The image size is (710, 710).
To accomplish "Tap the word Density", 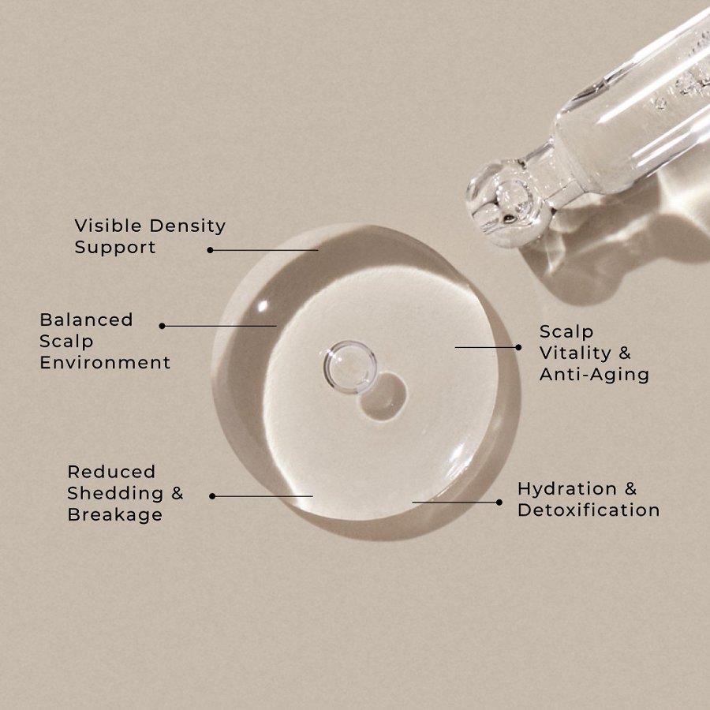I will tap(188, 226).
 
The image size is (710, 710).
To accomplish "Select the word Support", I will tap(115, 248).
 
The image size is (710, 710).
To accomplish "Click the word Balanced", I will tap(86, 320).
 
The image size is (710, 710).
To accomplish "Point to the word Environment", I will tap(105, 363).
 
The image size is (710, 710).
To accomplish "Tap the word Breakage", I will tap(114, 515).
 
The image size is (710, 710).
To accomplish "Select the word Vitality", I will tap(575, 353).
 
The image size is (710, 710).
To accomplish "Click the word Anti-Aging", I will tap(594, 375).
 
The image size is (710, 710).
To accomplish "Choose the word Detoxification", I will tap(589, 510).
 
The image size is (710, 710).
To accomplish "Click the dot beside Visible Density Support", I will tap(211, 250).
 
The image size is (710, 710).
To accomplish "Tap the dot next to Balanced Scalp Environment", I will tap(162, 326).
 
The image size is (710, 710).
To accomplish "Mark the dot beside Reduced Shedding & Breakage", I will tap(212, 496).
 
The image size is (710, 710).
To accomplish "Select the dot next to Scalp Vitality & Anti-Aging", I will tap(518, 347).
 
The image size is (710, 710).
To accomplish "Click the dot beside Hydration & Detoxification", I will tap(499, 502).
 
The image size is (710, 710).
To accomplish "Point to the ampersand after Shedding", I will tap(177, 494).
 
